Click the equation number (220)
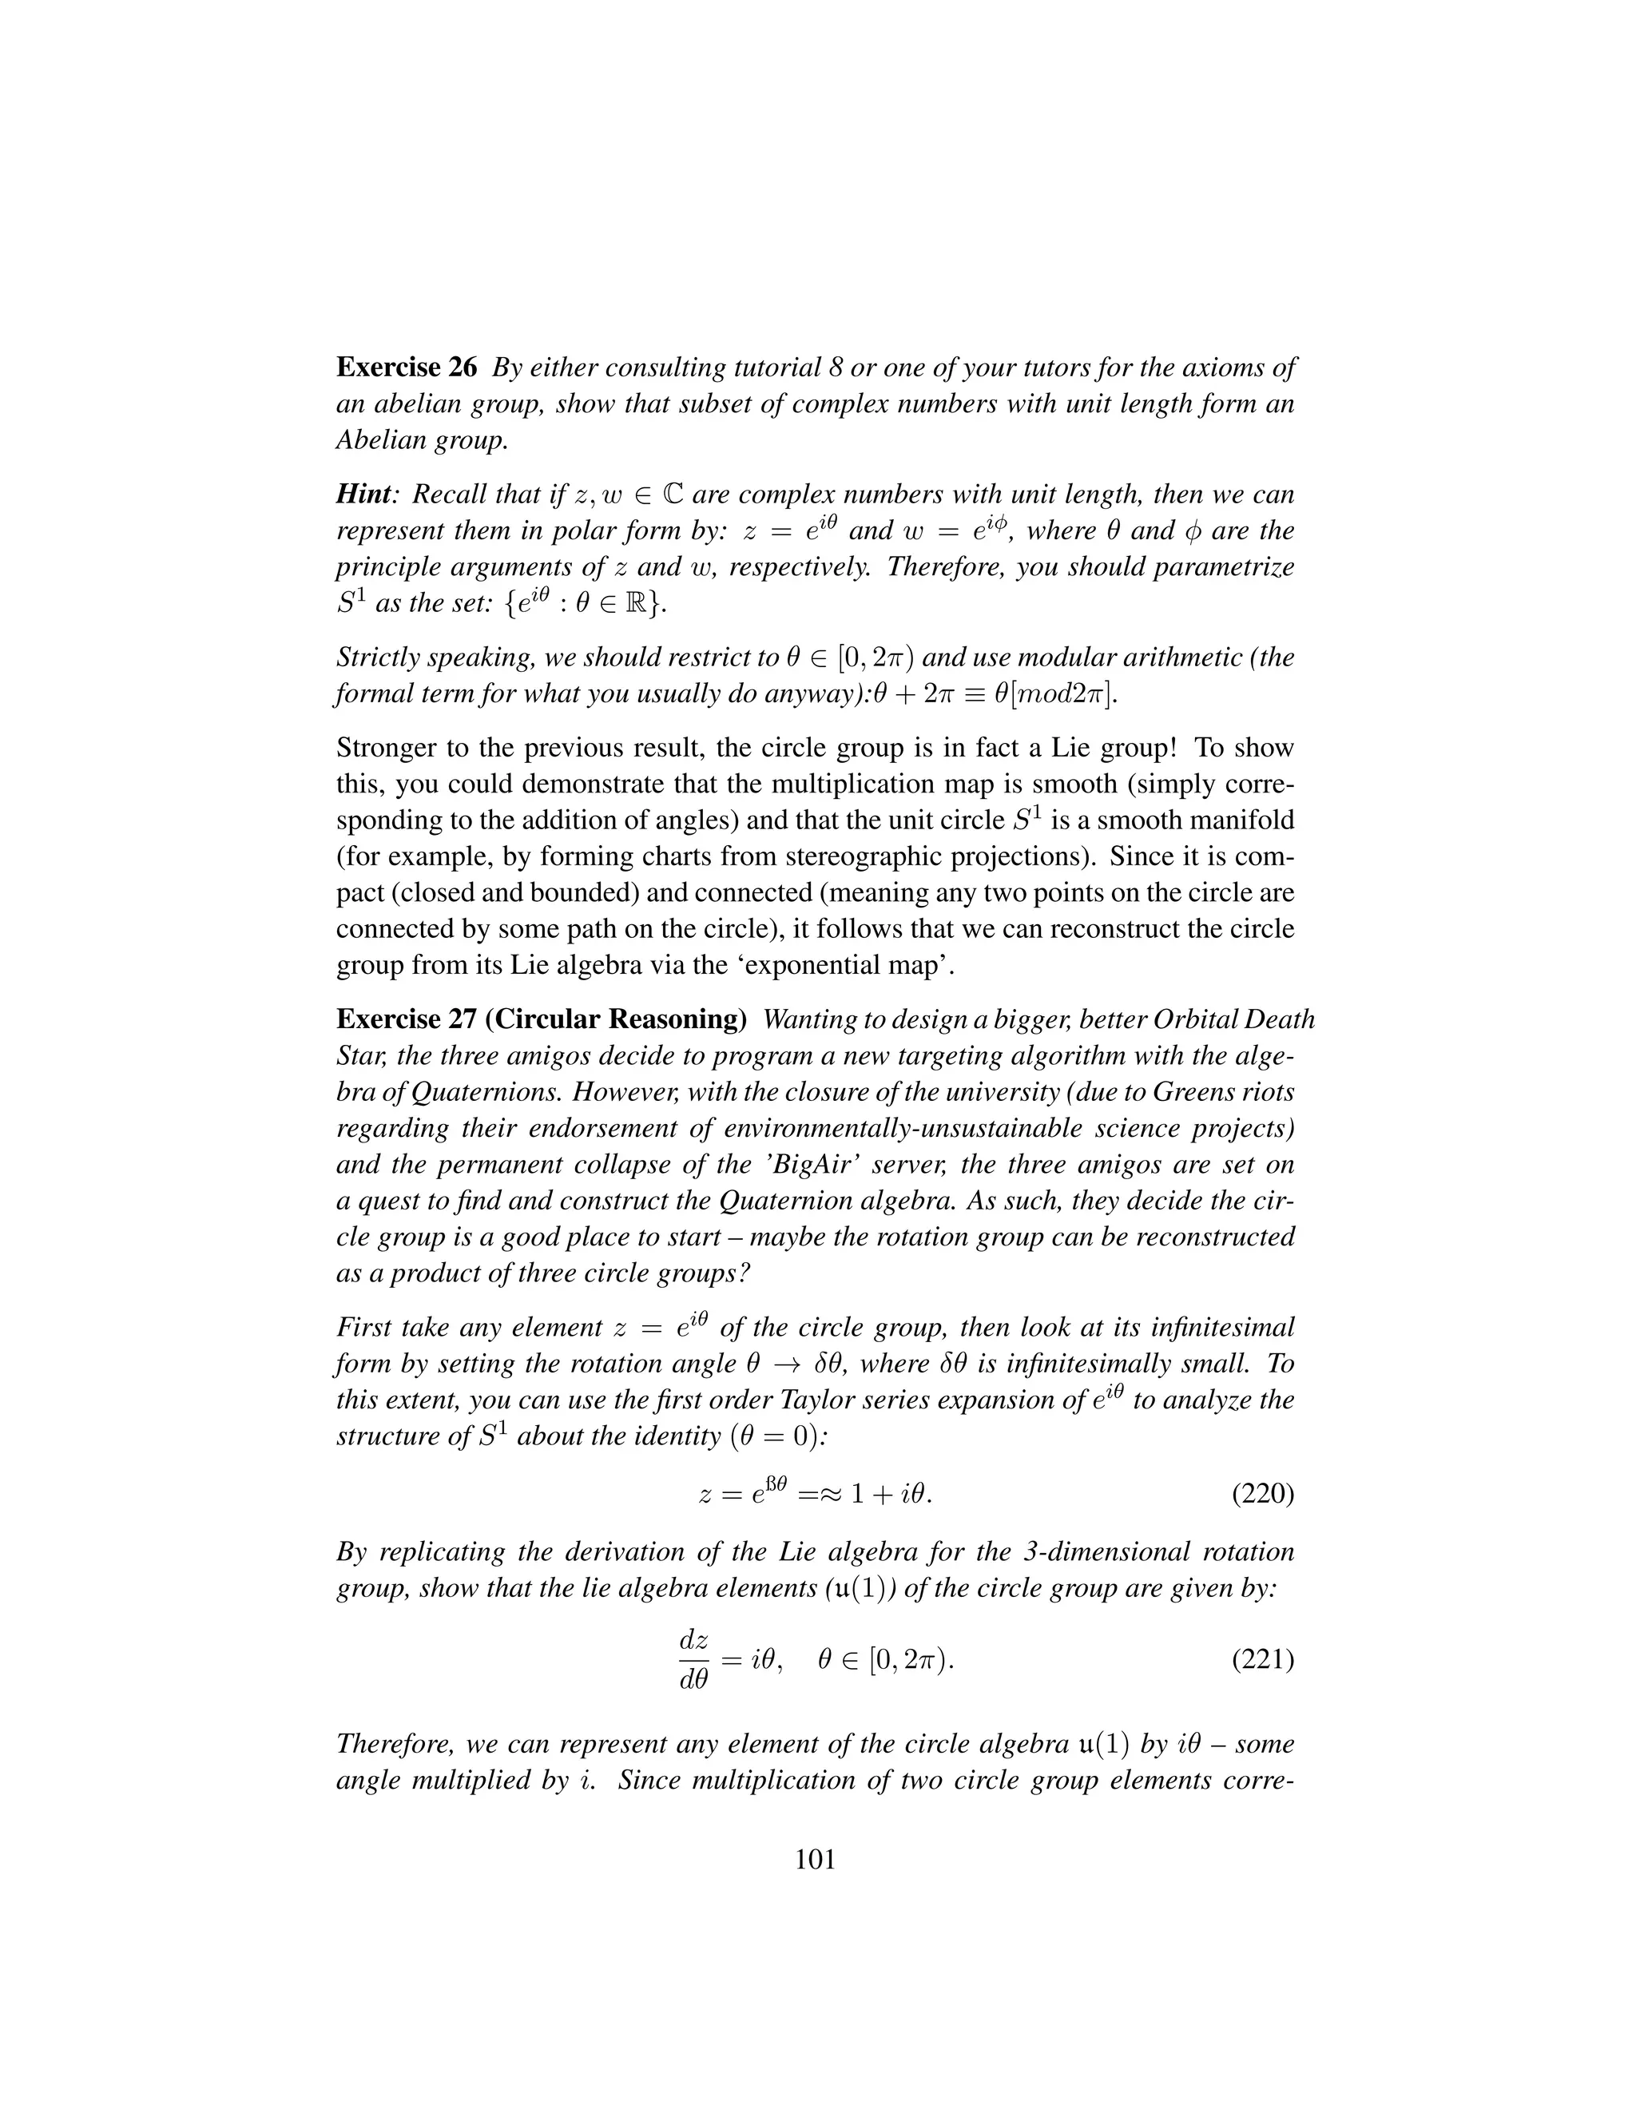1263,1494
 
